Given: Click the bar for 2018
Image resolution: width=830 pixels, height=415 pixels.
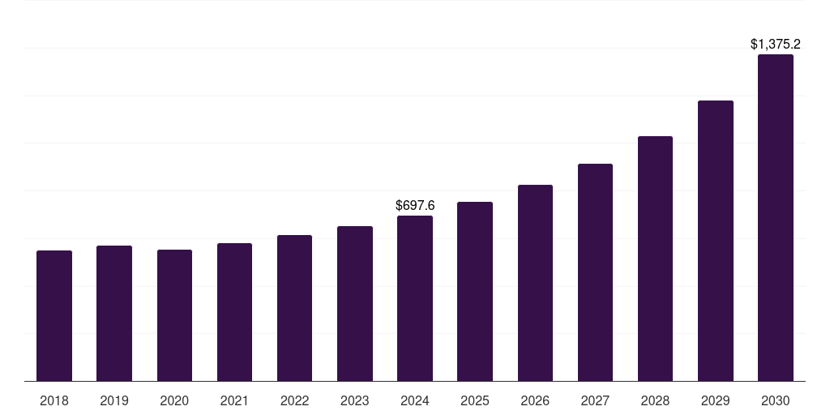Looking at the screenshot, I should pos(54,316).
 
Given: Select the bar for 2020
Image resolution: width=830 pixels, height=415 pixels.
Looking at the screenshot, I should pos(174,315).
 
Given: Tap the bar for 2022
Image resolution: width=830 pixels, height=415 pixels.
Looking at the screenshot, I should pos(294,308).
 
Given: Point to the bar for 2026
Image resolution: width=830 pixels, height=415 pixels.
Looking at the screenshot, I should pos(535,283).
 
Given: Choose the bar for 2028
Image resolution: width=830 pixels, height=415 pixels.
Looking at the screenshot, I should pos(655,259).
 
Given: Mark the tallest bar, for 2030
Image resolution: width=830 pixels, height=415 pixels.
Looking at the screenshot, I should pos(776,218).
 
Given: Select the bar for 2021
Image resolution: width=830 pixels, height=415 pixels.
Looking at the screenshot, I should pos(234,312).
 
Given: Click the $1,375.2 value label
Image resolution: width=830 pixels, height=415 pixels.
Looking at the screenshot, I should pos(776,44).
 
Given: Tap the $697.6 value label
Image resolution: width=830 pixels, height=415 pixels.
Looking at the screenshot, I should pos(415,205).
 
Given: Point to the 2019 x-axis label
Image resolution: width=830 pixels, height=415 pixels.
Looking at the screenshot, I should pos(114,400).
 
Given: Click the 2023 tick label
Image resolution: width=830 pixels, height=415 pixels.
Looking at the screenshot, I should pos(355,400).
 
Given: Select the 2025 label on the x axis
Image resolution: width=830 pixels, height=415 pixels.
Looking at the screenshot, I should pos(475,400).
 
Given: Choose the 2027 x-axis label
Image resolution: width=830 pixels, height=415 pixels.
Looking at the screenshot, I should pos(595,400).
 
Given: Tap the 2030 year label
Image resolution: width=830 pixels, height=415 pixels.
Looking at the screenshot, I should pos(776,400).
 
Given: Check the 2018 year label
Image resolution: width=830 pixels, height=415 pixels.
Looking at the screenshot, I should pos(54,400).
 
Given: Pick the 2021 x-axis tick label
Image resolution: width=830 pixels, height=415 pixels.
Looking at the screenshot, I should pos(234,400).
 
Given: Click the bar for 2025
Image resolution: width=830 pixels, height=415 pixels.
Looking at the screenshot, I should pos(475,292).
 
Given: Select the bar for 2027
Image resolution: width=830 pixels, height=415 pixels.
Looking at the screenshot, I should pos(595,272).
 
